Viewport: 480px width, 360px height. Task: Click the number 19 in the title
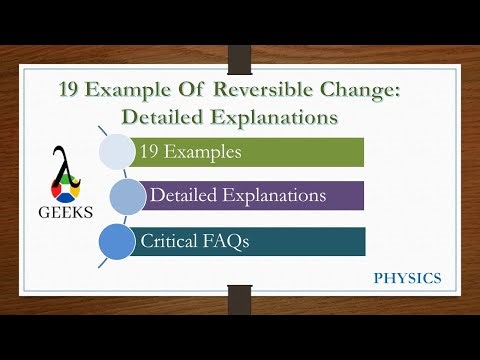[72, 92]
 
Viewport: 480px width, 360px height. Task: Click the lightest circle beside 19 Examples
[118, 152]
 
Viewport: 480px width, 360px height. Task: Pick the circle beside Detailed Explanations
[128, 196]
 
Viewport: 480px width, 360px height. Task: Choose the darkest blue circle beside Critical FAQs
[118, 241]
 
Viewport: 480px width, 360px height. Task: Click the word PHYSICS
[407, 278]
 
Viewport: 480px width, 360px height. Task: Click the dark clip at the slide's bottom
[239, 297]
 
